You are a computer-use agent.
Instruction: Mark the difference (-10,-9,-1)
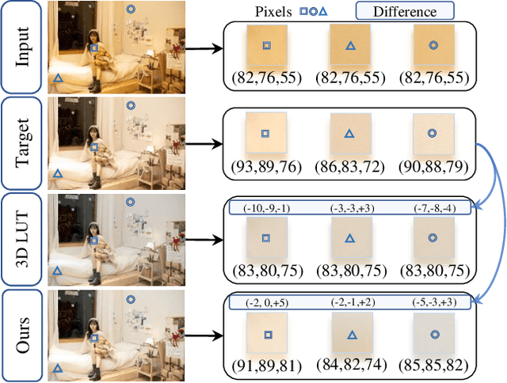[x=266, y=207]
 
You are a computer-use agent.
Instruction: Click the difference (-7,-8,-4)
[x=433, y=207]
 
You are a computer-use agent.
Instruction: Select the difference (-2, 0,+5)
[x=266, y=301]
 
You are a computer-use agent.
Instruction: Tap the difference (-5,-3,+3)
[x=433, y=301]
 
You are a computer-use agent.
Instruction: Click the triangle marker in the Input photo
[x=57, y=78]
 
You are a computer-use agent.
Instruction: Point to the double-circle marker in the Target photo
[x=131, y=104]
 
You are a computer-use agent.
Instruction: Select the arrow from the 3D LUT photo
[x=202, y=237]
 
